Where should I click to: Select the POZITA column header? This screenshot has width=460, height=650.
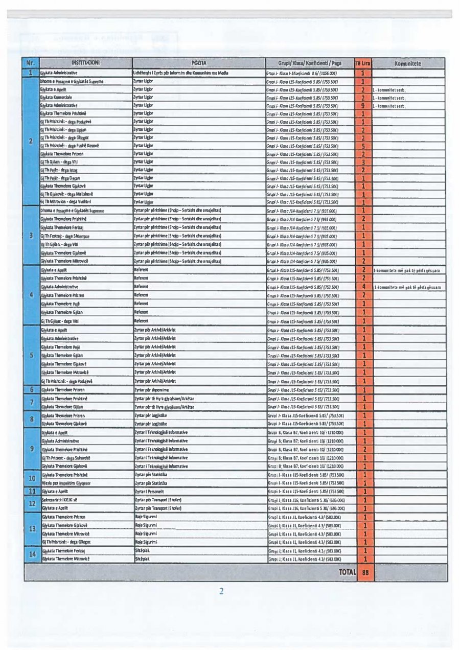pyautogui.click(x=198, y=63)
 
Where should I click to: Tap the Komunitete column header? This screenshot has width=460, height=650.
pyautogui.click(x=407, y=63)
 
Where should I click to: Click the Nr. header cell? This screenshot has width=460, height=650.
pyautogui.click(x=31, y=63)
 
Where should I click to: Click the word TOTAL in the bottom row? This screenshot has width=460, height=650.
pyautogui.click(x=347, y=572)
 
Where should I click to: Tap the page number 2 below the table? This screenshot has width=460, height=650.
pyautogui.click(x=221, y=592)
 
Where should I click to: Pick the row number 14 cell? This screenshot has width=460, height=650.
pyautogui.click(x=31, y=554)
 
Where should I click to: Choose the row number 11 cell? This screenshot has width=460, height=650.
pyautogui.click(x=31, y=491)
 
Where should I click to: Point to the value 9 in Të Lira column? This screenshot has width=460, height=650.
pyautogui.click(x=362, y=106)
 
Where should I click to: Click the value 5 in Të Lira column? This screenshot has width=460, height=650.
pyautogui.click(x=362, y=146)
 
